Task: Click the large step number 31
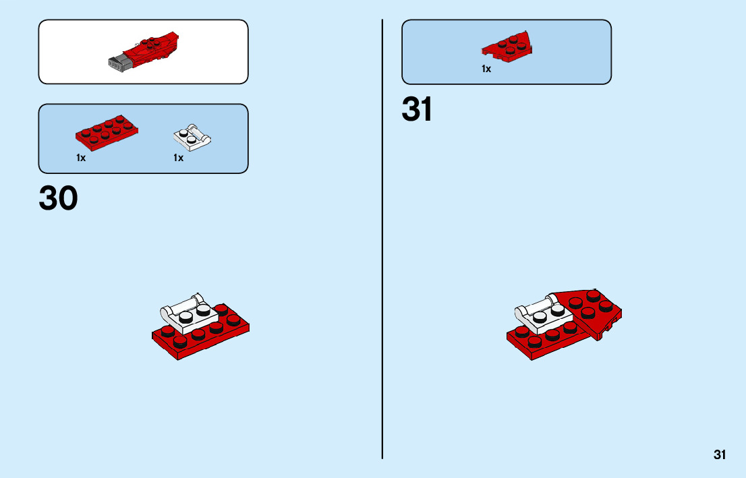(x=417, y=110)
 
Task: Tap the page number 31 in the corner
(x=720, y=454)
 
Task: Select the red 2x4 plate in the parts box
(x=109, y=133)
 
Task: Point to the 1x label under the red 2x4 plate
(x=81, y=158)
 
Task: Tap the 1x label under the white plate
(x=178, y=158)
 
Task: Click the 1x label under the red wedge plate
(x=486, y=69)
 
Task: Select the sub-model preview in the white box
(x=143, y=51)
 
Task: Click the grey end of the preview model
(x=118, y=62)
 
